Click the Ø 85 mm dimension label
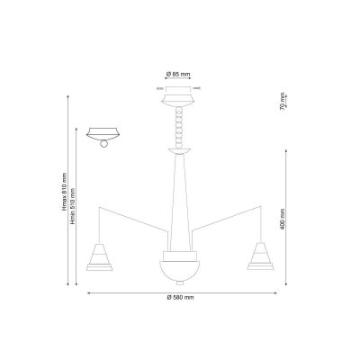pos(178,74)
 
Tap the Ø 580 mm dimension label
pos(180,297)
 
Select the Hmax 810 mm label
pos(64,192)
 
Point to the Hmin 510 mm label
pos(72,207)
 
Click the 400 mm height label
pos(283,220)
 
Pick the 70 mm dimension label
pos(283,102)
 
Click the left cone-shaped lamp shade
pos(99,256)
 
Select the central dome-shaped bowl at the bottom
pos(180,271)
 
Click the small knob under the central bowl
pos(180,283)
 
